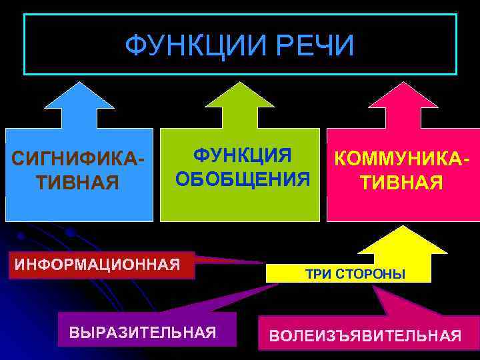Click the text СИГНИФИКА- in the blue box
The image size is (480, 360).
tap(79, 160)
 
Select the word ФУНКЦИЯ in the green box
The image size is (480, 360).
tap(243, 156)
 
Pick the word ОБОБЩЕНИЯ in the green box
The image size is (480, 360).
tap(243, 179)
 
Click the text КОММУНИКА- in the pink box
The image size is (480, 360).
tap(402, 160)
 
